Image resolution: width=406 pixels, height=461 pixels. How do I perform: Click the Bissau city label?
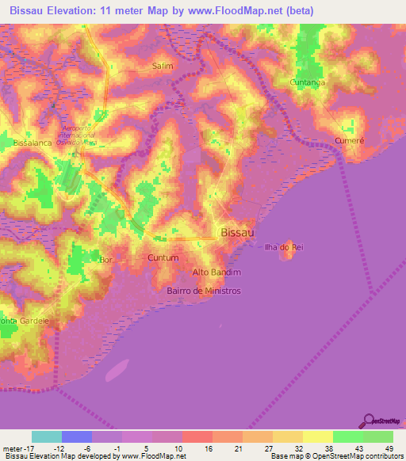click(x=236, y=232)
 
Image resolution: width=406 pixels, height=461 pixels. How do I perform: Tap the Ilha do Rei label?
click(x=285, y=247)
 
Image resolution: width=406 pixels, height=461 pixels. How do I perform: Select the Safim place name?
click(x=162, y=67)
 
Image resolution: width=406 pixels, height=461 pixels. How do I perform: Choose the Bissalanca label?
click(x=32, y=143)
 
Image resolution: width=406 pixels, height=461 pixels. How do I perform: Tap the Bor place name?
click(x=105, y=260)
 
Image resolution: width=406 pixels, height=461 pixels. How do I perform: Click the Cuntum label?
click(x=163, y=258)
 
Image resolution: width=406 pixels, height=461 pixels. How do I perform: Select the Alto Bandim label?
click(x=216, y=272)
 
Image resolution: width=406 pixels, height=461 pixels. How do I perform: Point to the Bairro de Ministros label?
click(x=204, y=291)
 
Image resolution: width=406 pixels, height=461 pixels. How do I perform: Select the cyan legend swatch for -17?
click(x=47, y=436)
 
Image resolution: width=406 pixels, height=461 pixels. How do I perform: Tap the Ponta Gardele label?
click(x=24, y=321)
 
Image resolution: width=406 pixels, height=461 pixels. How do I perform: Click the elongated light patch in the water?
click(x=117, y=369)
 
